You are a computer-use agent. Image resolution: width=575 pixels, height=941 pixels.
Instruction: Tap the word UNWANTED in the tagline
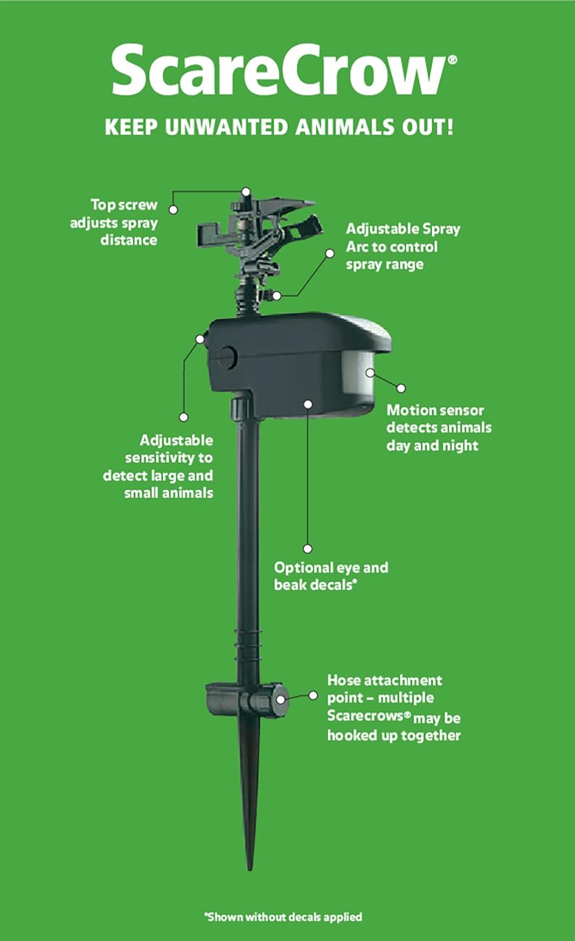tap(226, 127)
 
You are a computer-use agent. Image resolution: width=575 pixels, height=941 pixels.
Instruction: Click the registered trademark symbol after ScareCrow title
tap(452, 60)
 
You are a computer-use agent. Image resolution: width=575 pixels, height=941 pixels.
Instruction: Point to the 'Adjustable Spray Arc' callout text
tap(403, 247)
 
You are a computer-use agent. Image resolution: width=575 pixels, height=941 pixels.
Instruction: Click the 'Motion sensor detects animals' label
tap(438, 428)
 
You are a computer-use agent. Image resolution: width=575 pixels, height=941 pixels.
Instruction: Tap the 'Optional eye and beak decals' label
tap(330, 576)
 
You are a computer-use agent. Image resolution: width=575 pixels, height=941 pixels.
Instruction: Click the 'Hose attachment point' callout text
tap(393, 708)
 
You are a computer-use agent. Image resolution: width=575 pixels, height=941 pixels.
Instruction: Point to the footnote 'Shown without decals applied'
tap(283, 917)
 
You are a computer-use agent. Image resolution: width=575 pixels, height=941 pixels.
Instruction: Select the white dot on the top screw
tap(246, 191)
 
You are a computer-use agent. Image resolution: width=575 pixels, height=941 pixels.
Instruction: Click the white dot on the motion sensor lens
tap(370, 373)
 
